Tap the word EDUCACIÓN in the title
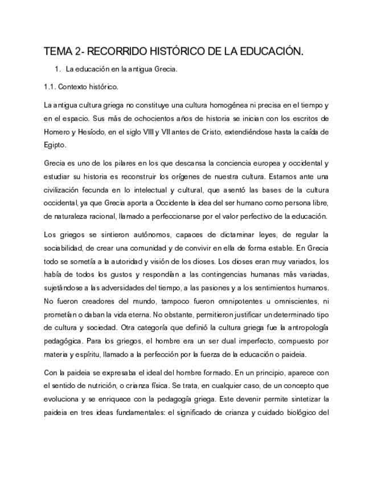point(268,52)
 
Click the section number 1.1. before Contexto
point(51,87)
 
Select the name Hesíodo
point(91,132)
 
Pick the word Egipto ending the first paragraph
point(55,145)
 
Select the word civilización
point(63,189)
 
